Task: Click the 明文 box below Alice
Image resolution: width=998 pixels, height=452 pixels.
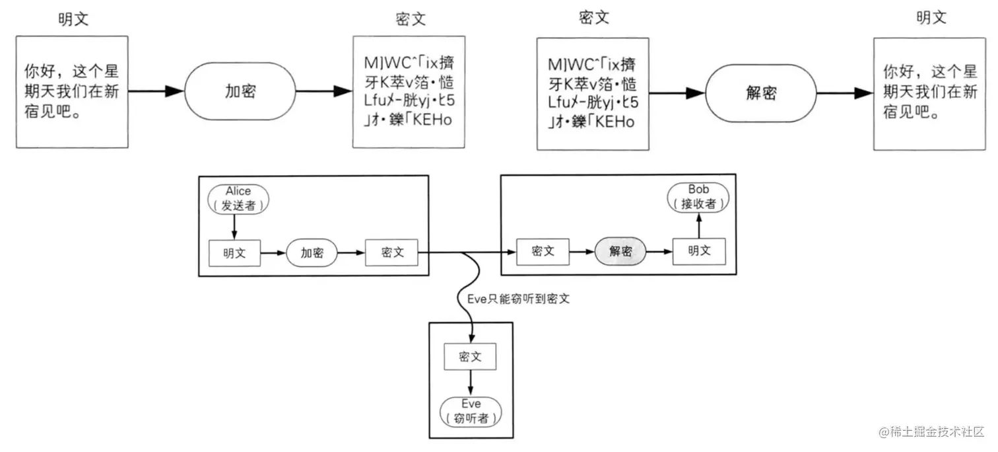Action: [x=235, y=253]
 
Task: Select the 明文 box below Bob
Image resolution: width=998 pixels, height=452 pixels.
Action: [x=699, y=251]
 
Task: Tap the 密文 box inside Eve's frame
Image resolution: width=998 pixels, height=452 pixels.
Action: [x=470, y=357]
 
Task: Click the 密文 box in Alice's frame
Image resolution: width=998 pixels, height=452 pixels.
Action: [x=391, y=252]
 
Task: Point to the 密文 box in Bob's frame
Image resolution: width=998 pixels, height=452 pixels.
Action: [x=543, y=251]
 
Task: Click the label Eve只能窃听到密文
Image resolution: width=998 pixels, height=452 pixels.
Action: [x=518, y=299]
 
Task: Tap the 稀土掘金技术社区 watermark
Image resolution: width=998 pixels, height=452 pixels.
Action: [x=931, y=432]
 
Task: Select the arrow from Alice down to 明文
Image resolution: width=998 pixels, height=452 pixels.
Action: [x=234, y=227]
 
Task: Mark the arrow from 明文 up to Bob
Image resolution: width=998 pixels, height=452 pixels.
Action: [x=699, y=225]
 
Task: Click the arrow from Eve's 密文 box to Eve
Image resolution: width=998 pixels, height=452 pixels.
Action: [x=471, y=383]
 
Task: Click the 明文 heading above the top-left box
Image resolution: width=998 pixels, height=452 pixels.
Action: [x=73, y=19]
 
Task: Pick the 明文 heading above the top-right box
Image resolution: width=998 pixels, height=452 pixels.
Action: [x=931, y=17]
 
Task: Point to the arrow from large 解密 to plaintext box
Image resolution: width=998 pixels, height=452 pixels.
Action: [x=845, y=93]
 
